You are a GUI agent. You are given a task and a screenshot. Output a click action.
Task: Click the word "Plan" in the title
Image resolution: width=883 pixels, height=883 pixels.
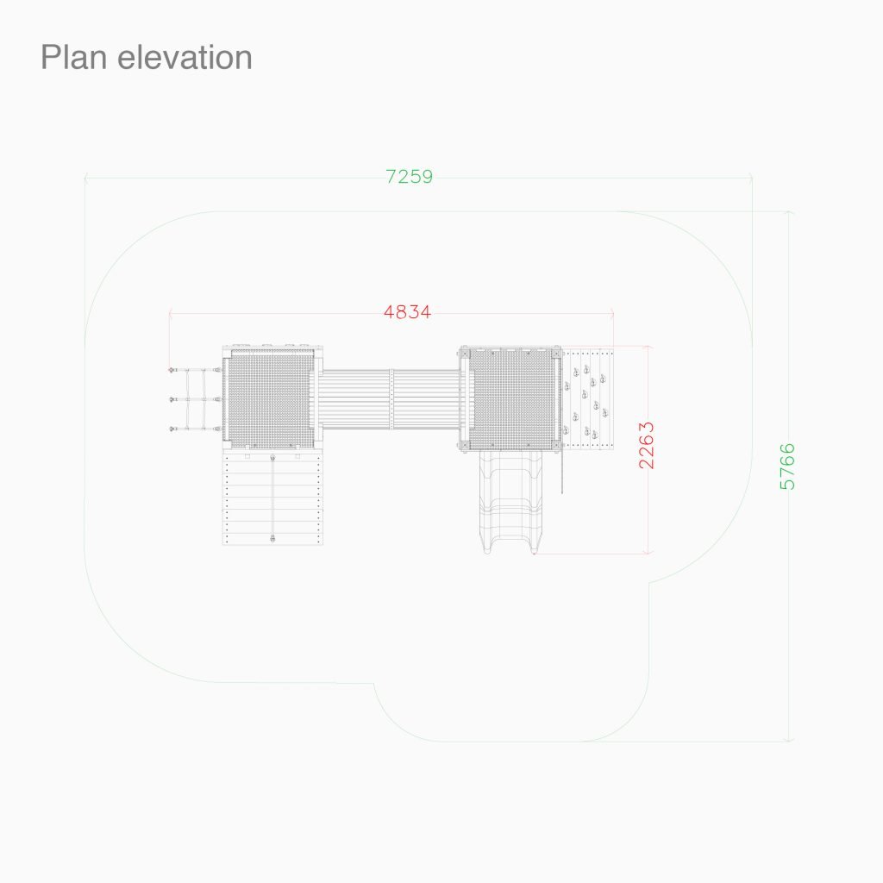pos(73,58)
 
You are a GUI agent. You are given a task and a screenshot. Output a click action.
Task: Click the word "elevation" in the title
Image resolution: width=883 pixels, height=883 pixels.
pos(185,58)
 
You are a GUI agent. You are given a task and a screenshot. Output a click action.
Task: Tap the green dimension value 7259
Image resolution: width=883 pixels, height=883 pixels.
pos(410,177)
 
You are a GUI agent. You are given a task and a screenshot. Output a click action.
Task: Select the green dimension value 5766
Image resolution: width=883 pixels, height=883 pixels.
pos(787,467)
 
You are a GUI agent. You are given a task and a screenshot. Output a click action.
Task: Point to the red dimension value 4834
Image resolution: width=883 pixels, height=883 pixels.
pos(408,312)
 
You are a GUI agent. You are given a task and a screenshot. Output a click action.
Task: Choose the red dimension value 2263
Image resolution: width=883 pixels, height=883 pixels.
pos(647,445)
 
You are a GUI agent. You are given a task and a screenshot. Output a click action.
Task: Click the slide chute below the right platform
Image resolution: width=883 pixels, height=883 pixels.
pos(511,501)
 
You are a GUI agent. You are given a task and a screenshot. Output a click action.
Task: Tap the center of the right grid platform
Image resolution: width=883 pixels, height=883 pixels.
pos(512,398)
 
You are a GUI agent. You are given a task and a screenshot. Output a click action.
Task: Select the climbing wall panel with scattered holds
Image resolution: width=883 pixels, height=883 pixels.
pos(587,398)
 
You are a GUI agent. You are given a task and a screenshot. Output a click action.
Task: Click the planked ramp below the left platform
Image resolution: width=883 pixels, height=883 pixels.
pos(272,498)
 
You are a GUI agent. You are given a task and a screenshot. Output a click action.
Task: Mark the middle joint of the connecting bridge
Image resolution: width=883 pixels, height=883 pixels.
pos(391,398)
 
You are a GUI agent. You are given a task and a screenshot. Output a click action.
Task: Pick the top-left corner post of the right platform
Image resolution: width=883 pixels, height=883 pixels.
pos(465,353)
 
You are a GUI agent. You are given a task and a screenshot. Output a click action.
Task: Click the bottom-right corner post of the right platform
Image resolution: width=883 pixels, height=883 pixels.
pos(558,446)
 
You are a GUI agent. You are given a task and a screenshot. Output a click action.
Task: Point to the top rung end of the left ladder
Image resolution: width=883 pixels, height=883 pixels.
pos(172,370)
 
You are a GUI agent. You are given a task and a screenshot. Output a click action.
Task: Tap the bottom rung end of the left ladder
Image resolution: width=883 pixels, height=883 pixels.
pos(172,429)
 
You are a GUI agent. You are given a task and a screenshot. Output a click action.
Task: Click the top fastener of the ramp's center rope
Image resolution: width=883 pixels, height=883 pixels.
pos(272,457)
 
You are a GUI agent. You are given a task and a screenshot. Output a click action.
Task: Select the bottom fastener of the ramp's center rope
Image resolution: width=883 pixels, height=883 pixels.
pos(272,539)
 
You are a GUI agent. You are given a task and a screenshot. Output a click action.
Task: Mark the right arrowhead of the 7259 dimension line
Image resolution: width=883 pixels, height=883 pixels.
pos(751,178)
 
